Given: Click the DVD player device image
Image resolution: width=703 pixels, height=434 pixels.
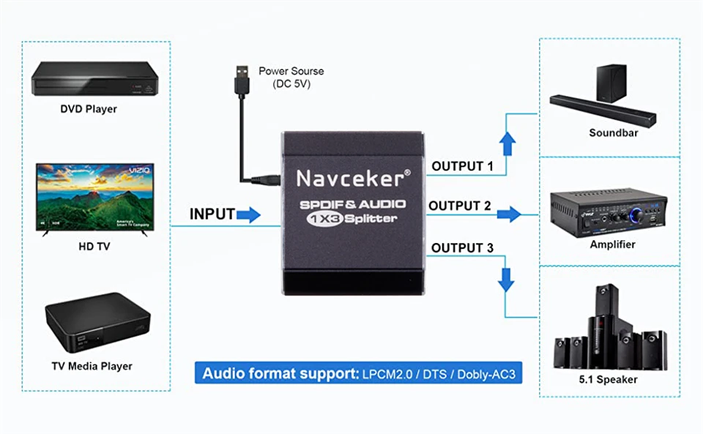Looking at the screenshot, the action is [94, 78].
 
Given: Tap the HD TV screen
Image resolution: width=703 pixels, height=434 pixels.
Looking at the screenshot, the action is [95, 197].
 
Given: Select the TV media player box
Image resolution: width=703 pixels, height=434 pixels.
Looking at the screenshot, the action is [97, 322].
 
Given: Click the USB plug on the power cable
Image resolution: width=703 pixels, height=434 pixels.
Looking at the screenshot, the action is [242, 80].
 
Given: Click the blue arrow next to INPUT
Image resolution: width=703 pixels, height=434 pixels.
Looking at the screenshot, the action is [248, 215].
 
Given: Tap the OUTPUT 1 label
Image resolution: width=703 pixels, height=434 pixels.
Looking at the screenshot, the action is [462, 166].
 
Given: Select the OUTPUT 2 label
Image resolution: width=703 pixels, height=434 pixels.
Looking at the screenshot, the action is [460, 206].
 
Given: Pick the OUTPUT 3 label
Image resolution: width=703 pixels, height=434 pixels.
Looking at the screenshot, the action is [462, 247].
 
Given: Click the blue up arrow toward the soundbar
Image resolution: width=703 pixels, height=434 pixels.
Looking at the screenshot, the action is [507, 143].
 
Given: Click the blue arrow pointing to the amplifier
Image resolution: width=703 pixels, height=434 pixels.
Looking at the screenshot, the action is [509, 214].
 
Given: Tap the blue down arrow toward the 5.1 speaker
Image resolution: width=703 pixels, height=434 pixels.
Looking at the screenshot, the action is [506, 280].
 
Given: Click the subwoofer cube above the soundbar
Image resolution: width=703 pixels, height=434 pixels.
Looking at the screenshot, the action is [611, 83].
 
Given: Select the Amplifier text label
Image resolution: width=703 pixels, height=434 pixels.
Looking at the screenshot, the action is [612, 244].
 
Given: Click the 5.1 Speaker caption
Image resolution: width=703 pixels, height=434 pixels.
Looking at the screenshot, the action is [608, 380].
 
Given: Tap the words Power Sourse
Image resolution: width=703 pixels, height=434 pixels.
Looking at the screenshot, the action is [291, 71].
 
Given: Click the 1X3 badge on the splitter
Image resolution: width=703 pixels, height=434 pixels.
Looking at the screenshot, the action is [325, 219].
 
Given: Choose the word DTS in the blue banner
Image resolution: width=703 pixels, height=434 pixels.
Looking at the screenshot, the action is [434, 374].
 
